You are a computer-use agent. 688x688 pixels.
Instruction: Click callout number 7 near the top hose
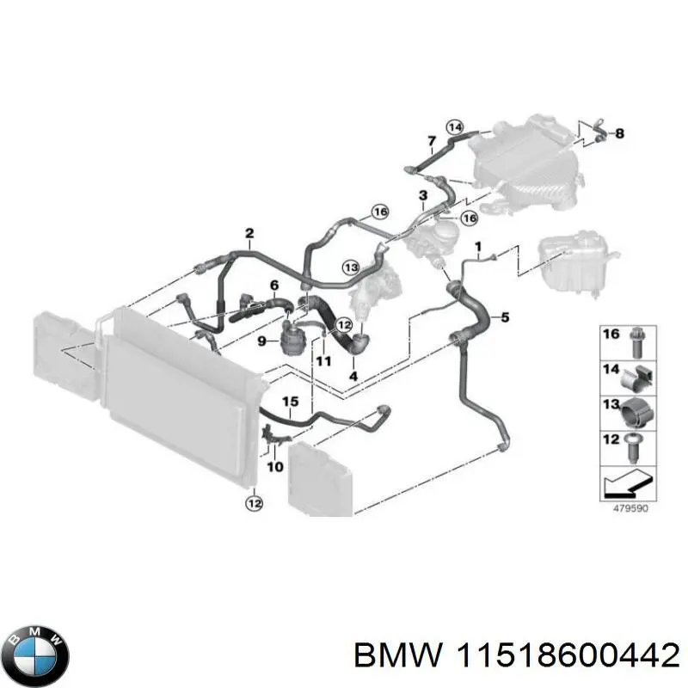point(431,141)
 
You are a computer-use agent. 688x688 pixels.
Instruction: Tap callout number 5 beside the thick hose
point(505,318)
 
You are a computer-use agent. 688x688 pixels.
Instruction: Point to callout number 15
point(290,402)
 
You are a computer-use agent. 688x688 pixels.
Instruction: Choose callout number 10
point(275,467)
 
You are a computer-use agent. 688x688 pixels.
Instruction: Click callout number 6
point(274,285)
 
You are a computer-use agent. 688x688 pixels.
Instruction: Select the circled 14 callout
point(454,128)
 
